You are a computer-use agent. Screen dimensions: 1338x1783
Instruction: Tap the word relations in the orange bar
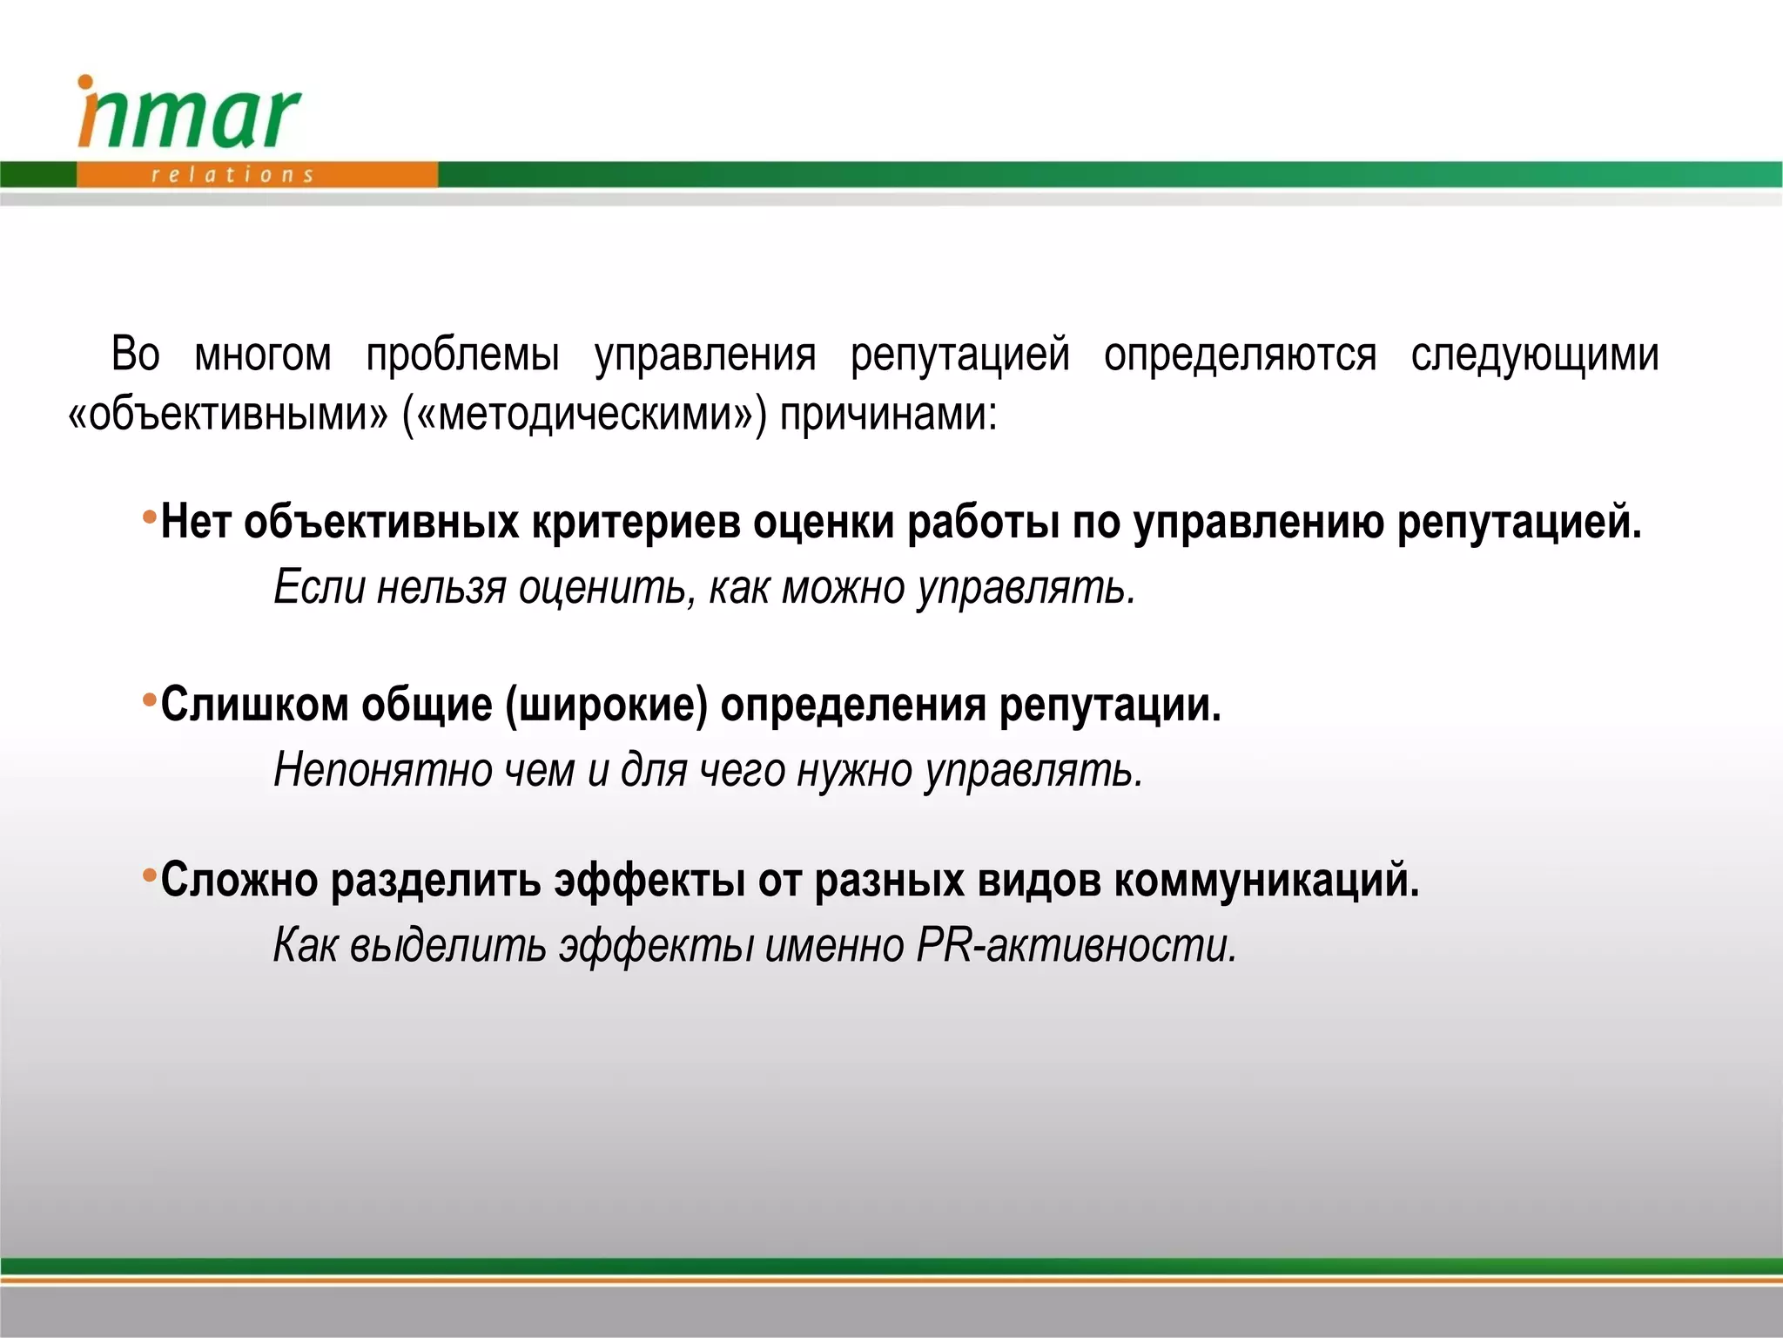[232, 175]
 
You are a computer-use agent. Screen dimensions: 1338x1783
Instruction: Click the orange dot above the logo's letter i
[85, 83]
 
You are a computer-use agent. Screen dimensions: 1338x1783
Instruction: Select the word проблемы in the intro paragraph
[462, 355]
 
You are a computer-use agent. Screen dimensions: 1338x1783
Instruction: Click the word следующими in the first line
[1535, 355]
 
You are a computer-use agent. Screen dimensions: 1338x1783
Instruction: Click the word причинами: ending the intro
[888, 414]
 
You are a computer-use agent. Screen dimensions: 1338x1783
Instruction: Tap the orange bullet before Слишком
[150, 700]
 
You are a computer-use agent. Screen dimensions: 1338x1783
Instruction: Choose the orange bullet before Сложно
[150, 875]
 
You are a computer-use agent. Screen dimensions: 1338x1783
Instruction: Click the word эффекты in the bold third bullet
[649, 880]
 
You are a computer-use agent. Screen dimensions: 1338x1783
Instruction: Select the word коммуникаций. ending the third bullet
[1267, 880]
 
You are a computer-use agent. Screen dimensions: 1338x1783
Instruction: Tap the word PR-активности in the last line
[1076, 946]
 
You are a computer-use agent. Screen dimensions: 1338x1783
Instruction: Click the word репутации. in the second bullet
[1110, 706]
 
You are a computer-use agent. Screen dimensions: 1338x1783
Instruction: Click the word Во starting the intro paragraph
[136, 355]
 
